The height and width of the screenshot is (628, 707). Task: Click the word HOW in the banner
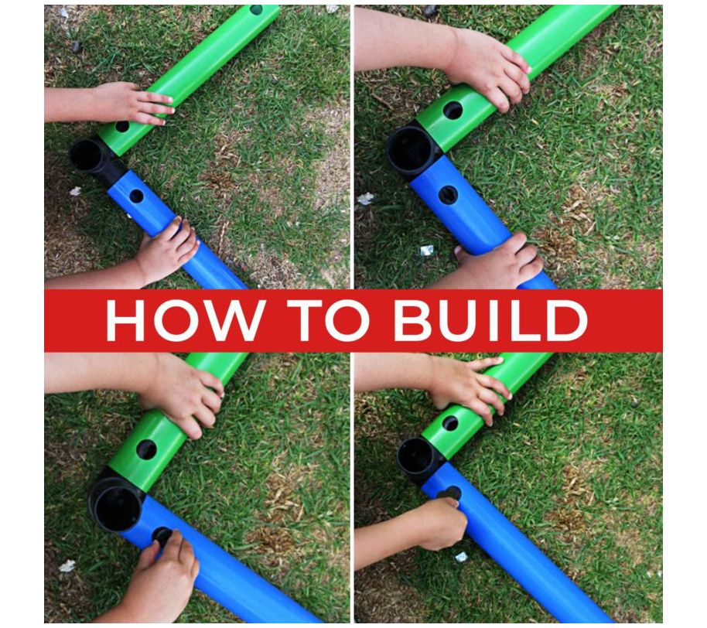tap(184, 320)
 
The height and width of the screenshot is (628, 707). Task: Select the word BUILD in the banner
tap(490, 320)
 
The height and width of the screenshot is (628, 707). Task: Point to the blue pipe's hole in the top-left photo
tap(136, 196)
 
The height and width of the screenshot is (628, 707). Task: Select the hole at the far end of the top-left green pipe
tap(256, 9)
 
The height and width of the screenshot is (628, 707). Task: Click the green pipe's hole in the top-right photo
tap(453, 111)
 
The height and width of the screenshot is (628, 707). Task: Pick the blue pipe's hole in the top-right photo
tap(448, 195)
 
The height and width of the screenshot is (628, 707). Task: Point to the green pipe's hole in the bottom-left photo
tap(146, 449)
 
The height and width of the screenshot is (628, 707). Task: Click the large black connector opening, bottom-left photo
tap(118, 507)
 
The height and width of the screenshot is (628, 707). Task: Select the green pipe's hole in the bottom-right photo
tap(450, 423)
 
